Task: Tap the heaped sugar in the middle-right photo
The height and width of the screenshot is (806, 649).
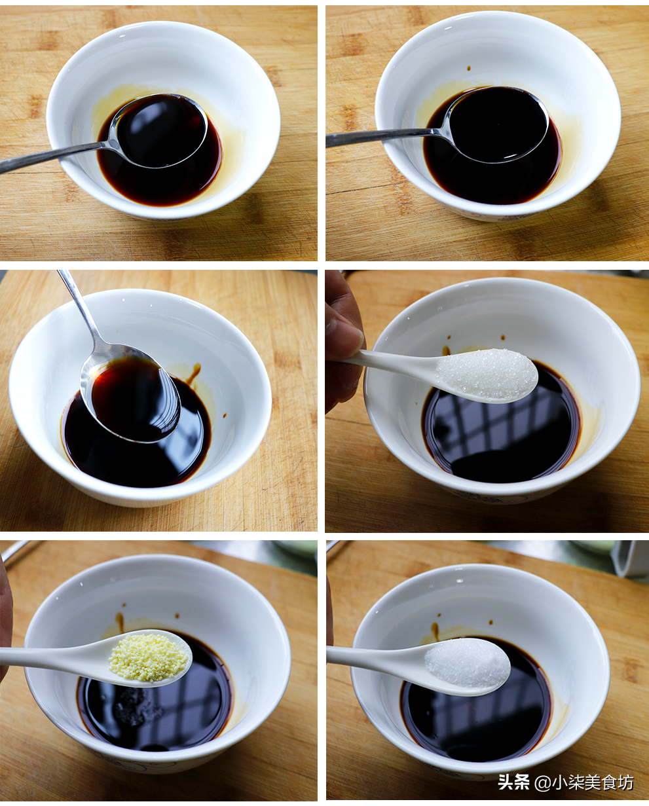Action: [x=487, y=373]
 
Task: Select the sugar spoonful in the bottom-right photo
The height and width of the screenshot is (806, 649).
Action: [x=467, y=661]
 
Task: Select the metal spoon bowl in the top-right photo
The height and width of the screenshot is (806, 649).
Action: [x=498, y=124]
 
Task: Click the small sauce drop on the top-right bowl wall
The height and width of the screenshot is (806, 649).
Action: [x=468, y=69]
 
